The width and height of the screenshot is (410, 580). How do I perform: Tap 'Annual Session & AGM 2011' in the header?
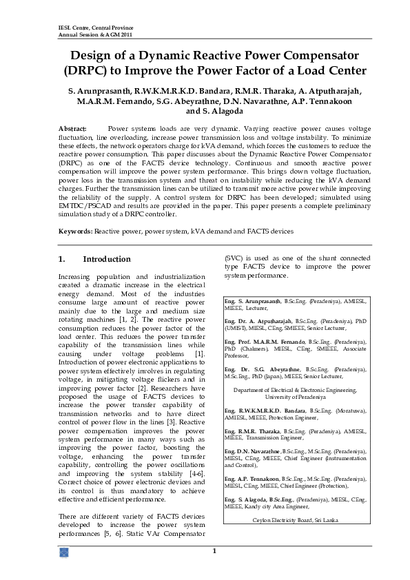93,34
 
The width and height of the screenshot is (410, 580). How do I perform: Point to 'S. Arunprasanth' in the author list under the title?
99,91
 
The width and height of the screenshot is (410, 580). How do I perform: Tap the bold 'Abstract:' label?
72,129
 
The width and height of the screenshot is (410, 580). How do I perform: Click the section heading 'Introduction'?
106,260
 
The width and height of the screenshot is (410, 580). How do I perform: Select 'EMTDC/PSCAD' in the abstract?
81,206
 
